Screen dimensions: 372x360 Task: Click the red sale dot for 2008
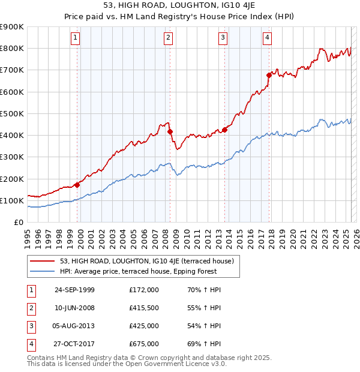(x=170, y=131)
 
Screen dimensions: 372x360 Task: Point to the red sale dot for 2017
(x=269, y=75)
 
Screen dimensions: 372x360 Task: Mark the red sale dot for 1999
(x=77, y=185)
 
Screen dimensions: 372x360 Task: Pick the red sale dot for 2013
(x=224, y=130)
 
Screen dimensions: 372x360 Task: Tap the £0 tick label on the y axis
(x=18, y=222)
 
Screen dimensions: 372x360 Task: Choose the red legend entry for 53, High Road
(x=150, y=261)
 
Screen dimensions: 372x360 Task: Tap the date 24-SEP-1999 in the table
(x=74, y=290)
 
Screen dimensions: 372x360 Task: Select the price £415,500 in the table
(x=144, y=308)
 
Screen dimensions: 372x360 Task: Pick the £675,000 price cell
(x=144, y=344)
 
